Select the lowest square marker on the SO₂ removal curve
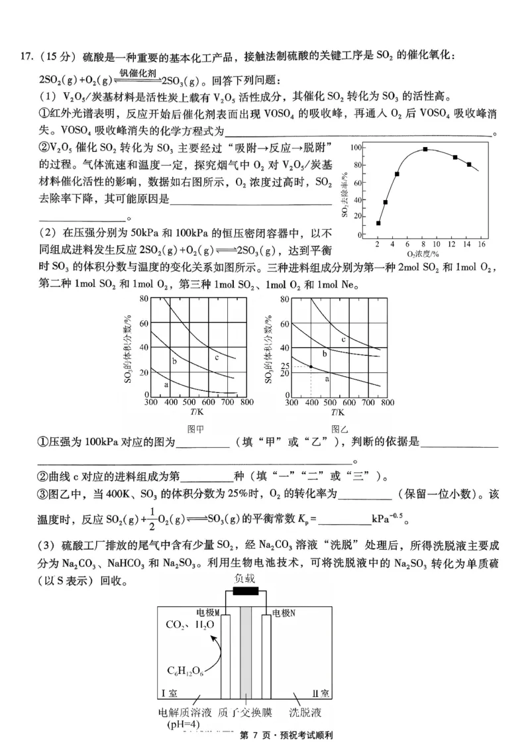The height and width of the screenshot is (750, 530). coord(378,223)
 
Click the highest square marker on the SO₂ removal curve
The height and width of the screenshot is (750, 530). coord(425,149)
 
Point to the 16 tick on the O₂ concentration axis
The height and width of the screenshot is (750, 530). coord(482,244)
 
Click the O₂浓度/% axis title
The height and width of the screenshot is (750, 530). coord(424,254)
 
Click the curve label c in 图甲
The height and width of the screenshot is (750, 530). coord(217,357)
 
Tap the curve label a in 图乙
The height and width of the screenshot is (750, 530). coord(327,378)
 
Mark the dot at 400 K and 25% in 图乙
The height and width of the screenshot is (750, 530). coord(311,366)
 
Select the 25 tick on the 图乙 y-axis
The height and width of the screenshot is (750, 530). coord(286,366)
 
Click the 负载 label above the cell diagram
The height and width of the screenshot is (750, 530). coord(244,577)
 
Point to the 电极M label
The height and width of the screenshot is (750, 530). coord(207,612)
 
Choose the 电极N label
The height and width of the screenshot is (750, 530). coord(283,612)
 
